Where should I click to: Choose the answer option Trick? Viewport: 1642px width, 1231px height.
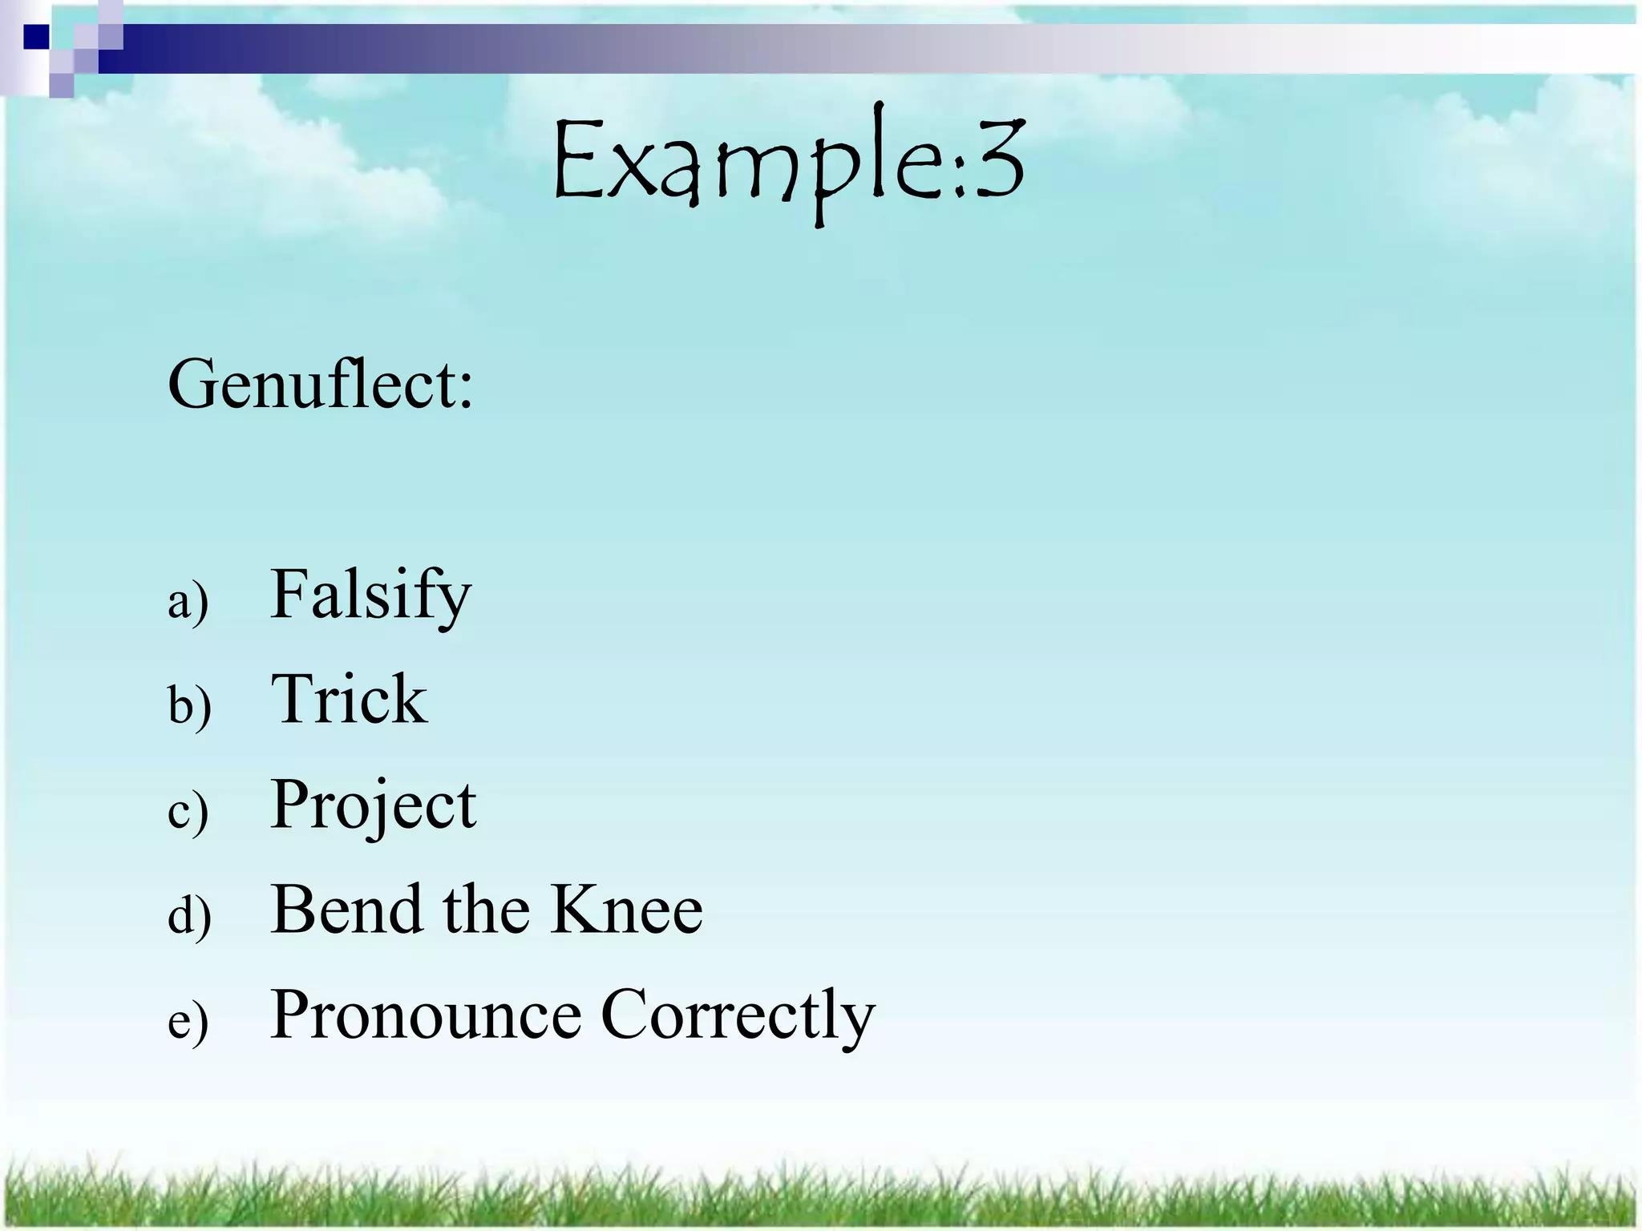click(349, 700)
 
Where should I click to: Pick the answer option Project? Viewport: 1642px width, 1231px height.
click(374, 805)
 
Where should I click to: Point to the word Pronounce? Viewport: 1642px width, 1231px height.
click(426, 1015)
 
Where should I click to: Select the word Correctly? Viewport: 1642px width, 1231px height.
click(738, 1015)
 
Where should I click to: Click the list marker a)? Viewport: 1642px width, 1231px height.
click(188, 602)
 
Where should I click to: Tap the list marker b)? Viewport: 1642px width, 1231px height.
click(189, 705)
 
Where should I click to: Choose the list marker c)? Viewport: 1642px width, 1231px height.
click(188, 811)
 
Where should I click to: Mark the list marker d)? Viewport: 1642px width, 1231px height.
click(189, 914)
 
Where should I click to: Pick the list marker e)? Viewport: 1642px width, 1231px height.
click(188, 1021)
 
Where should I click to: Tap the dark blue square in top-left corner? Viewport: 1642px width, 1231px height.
click(36, 36)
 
